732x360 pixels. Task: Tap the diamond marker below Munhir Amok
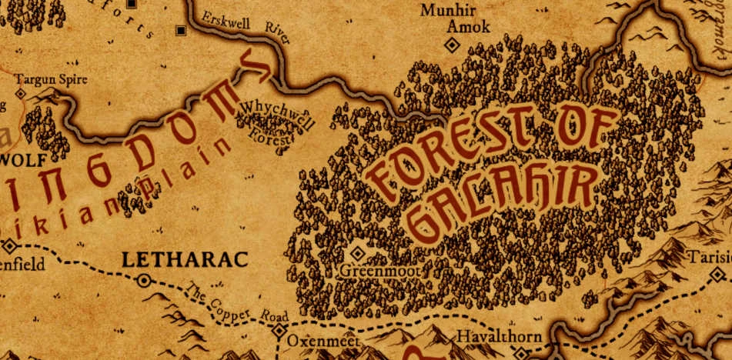(x=453, y=45)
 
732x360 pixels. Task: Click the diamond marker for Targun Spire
(x=21, y=93)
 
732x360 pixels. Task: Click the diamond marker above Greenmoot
(x=357, y=253)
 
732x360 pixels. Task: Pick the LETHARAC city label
(x=185, y=260)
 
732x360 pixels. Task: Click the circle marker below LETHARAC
(x=143, y=281)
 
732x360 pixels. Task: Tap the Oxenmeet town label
(x=319, y=339)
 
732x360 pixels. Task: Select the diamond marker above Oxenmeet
(x=279, y=331)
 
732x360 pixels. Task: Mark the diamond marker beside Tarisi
(x=718, y=274)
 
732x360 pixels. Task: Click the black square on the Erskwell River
(x=181, y=31)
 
